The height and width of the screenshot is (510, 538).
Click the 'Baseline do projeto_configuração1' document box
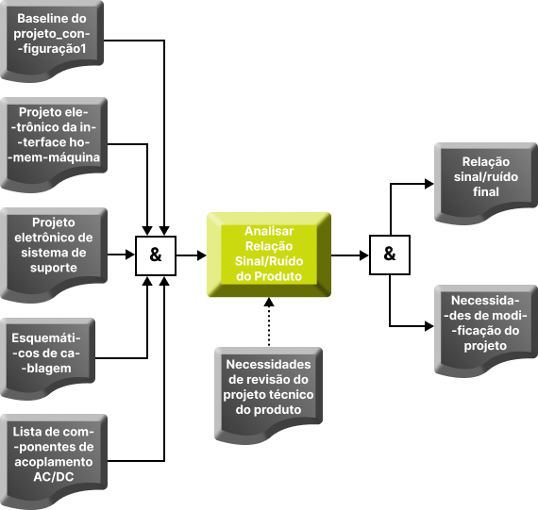pyautogui.click(x=52, y=41)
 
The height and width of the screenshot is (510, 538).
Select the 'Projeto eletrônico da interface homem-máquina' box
pyautogui.click(x=54, y=144)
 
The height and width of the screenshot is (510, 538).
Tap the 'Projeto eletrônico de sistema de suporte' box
pyautogui.click(x=54, y=255)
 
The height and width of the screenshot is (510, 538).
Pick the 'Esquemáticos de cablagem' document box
pyautogui.click(x=47, y=358)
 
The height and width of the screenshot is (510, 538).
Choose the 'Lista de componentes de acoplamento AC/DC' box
pyautogui.click(x=54, y=461)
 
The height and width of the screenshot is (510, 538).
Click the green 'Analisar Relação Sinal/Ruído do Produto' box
pyautogui.click(x=269, y=255)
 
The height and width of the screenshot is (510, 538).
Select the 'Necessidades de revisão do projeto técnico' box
pyautogui.click(x=268, y=394)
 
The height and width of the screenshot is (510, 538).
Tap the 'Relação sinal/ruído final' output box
pyautogui.click(x=486, y=184)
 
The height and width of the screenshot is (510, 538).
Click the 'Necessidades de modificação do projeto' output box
pyautogui.click(x=486, y=331)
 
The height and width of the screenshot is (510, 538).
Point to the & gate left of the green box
pyautogui.click(x=156, y=255)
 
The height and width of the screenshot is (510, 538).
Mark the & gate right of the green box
pyautogui.click(x=390, y=255)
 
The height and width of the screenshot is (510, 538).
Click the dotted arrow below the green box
pyautogui.click(x=269, y=322)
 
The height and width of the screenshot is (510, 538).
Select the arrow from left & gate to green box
pyautogui.click(x=191, y=255)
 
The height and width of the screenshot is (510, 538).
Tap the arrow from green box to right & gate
pyautogui.click(x=350, y=255)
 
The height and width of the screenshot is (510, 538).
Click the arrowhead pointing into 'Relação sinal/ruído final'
pyautogui.click(x=429, y=184)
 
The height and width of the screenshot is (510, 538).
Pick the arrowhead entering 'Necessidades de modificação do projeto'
pyautogui.click(x=429, y=326)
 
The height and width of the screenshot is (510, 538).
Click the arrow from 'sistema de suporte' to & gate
pyautogui.click(x=121, y=255)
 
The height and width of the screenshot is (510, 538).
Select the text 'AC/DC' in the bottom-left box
pyautogui.click(x=54, y=477)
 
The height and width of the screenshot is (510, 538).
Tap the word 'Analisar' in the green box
pyautogui.click(x=269, y=231)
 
